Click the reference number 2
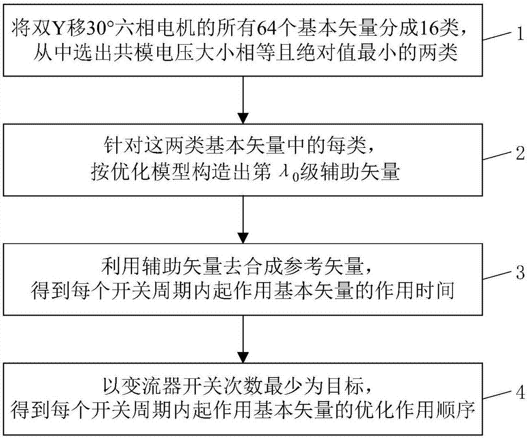pos(520,154)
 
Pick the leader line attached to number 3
pos(498,279)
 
